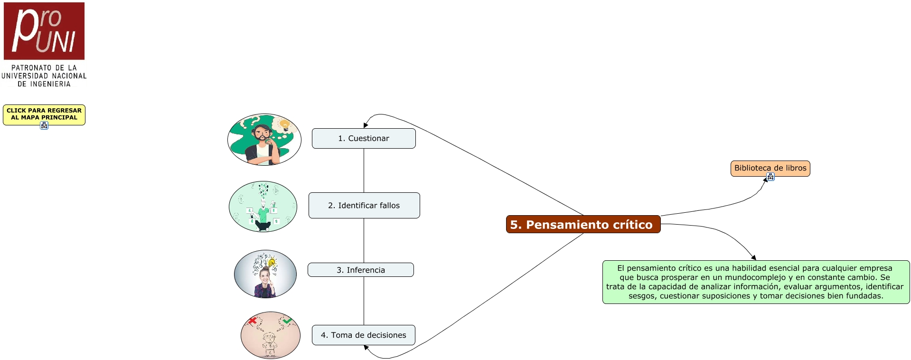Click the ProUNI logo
(x=44, y=31)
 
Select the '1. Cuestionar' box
(x=364, y=138)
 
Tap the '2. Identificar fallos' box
(x=364, y=205)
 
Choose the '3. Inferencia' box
(x=361, y=270)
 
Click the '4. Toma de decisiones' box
(x=364, y=335)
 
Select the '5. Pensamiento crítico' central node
(x=583, y=224)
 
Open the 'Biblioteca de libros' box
(x=770, y=168)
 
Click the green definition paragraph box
(x=756, y=282)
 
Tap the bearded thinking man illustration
(x=264, y=140)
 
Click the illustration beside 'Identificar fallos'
(x=263, y=207)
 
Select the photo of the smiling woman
(x=265, y=274)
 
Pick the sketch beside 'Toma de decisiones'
(x=271, y=335)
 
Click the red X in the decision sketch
(x=253, y=321)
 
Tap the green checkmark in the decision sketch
(x=287, y=321)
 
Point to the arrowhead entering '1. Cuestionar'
(x=366, y=125)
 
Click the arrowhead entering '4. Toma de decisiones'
(x=366, y=348)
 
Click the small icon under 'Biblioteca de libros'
(x=770, y=177)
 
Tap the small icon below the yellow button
(x=44, y=125)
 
